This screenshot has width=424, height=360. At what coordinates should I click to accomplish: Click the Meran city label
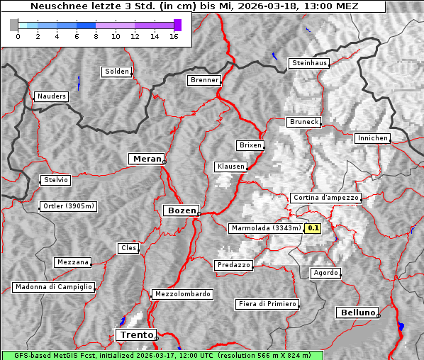pos(145,159)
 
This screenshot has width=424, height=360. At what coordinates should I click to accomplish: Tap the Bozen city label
pos(181,210)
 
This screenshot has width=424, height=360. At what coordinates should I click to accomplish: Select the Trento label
pos(135,334)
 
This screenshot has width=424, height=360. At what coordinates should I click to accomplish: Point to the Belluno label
pos(357,312)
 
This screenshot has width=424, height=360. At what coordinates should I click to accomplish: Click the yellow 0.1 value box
pos(313,228)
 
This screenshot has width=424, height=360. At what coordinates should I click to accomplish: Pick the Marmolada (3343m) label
pos(266,228)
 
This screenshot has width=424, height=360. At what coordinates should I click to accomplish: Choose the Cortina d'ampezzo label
pos(325,198)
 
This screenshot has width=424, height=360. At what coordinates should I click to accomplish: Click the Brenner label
pos(204,80)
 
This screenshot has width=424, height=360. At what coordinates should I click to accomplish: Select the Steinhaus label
pos(309,63)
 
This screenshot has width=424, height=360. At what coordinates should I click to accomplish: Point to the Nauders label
pos(51,96)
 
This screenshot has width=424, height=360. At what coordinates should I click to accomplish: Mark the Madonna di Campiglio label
pos(53,287)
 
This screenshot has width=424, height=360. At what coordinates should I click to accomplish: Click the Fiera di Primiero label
pos(267,304)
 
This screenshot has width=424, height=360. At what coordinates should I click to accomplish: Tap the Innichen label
pos(372,138)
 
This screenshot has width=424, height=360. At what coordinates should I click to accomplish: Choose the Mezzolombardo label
pos(182,294)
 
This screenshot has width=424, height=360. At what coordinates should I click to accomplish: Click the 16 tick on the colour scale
pos(173,35)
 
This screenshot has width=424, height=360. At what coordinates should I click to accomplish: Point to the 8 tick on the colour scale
pos(96,35)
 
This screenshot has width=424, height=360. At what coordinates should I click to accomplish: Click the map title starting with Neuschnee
pos(194,6)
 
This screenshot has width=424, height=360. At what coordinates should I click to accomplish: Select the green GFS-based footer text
pos(162,355)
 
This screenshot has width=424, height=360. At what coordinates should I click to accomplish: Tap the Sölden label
pos(117,72)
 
